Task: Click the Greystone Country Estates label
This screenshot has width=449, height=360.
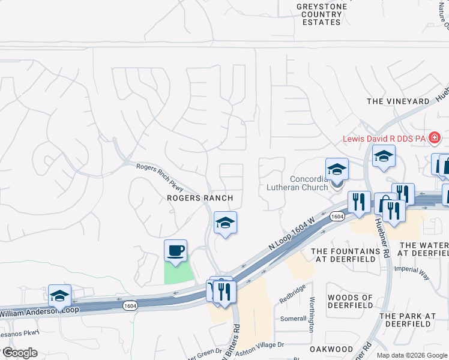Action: (319, 14)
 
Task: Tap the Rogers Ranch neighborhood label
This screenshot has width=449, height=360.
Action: (199, 198)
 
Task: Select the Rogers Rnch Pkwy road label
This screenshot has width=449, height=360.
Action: (160, 171)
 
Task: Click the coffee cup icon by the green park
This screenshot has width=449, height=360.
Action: (175, 251)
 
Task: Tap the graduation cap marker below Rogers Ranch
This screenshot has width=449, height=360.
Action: (225, 223)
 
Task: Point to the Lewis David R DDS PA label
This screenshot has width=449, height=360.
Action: (384, 139)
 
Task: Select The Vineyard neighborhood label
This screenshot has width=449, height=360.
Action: (398, 101)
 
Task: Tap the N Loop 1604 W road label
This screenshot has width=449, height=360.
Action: (292, 233)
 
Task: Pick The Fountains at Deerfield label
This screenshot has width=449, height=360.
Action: (345, 256)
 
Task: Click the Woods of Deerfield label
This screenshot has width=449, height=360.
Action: (351, 302)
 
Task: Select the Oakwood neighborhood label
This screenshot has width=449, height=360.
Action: (331, 349)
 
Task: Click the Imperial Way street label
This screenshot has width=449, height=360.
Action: (412, 273)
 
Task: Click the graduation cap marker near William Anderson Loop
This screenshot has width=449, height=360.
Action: (59, 295)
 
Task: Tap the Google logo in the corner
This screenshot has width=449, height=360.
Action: (19, 353)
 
